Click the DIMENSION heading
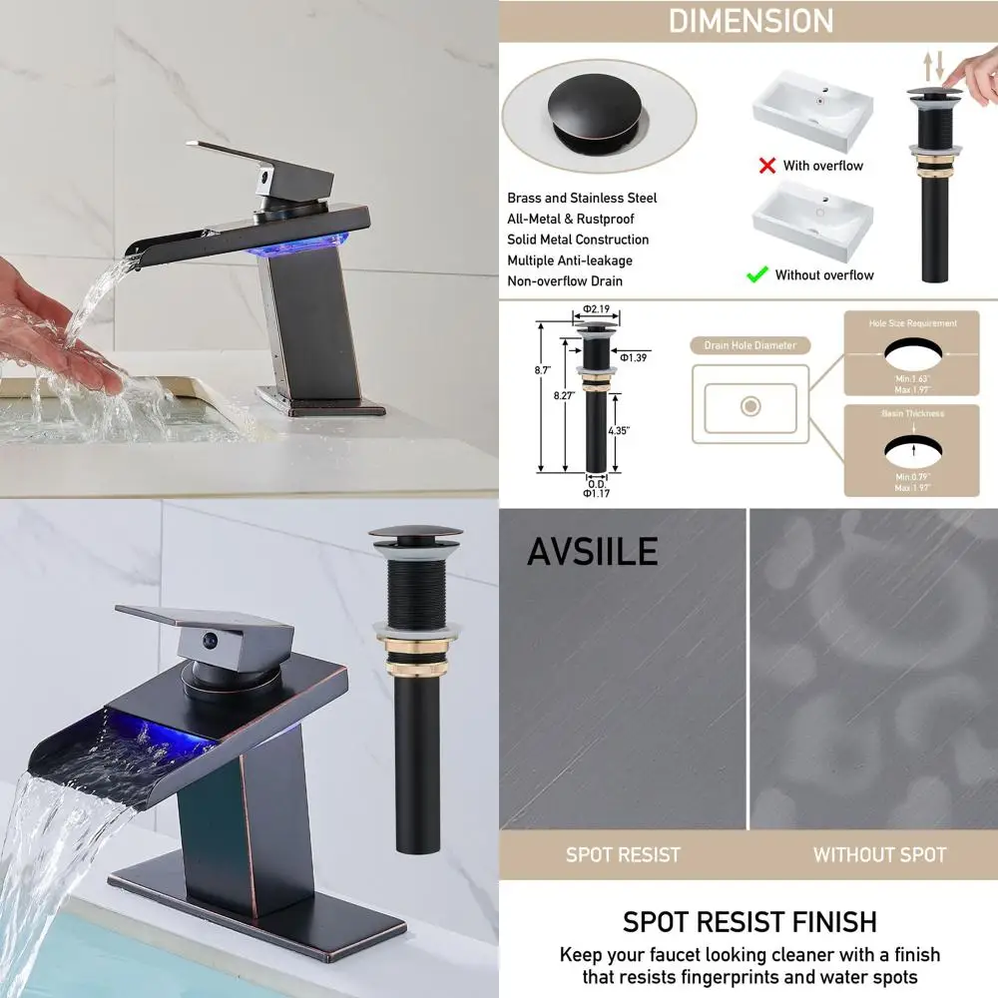click(750, 21)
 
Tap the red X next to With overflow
click(766, 166)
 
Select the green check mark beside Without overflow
click(757, 274)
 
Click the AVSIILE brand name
click(592, 551)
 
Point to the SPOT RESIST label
click(623, 855)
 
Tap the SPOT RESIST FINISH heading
click(749, 921)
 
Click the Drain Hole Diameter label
click(749, 345)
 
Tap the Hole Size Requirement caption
click(911, 323)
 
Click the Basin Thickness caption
click(911, 413)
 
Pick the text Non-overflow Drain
click(565, 281)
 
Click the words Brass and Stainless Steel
click(582, 199)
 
